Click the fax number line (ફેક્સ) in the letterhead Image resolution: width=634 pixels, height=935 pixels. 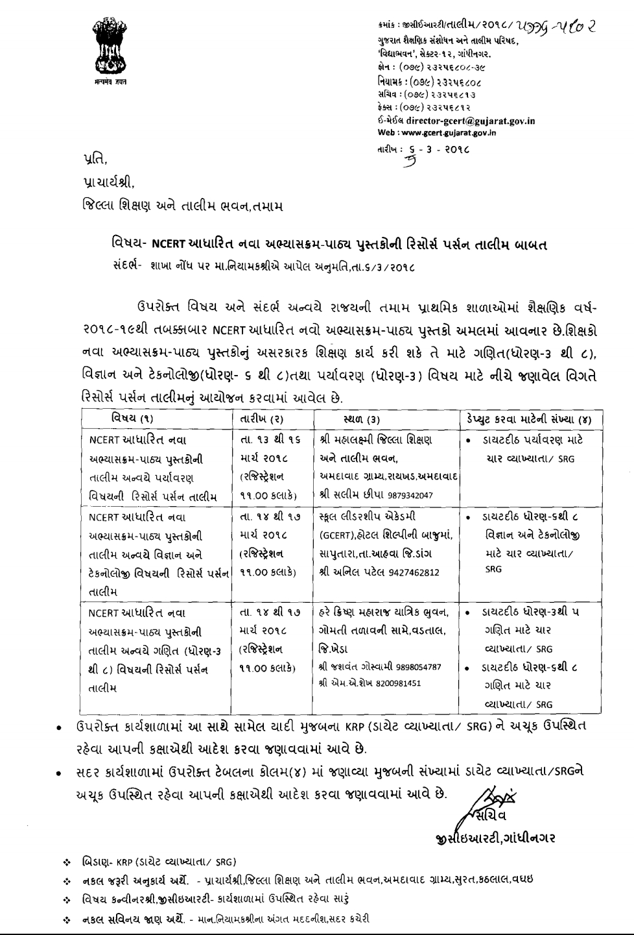point(424,106)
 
